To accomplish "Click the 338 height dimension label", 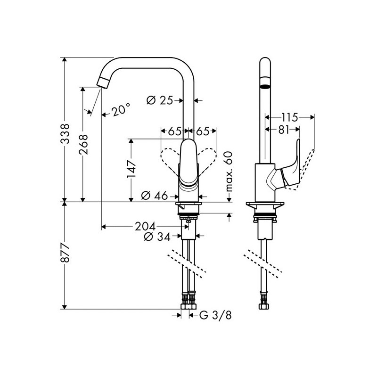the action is point(65,134).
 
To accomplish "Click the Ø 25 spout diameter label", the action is point(160,100).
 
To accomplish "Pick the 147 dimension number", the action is point(132,169).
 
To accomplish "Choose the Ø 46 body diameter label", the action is point(155,196).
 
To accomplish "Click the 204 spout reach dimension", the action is point(146,227).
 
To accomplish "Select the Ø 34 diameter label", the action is point(157,237).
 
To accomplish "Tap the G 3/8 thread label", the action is point(215,315).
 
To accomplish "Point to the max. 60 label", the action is point(229,171).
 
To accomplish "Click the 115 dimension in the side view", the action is point(290,117).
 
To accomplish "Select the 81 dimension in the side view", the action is point(284,130).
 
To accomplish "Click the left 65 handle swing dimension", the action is point(174,131).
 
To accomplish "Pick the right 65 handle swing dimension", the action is point(203,131).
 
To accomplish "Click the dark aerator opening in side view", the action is point(265,87).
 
